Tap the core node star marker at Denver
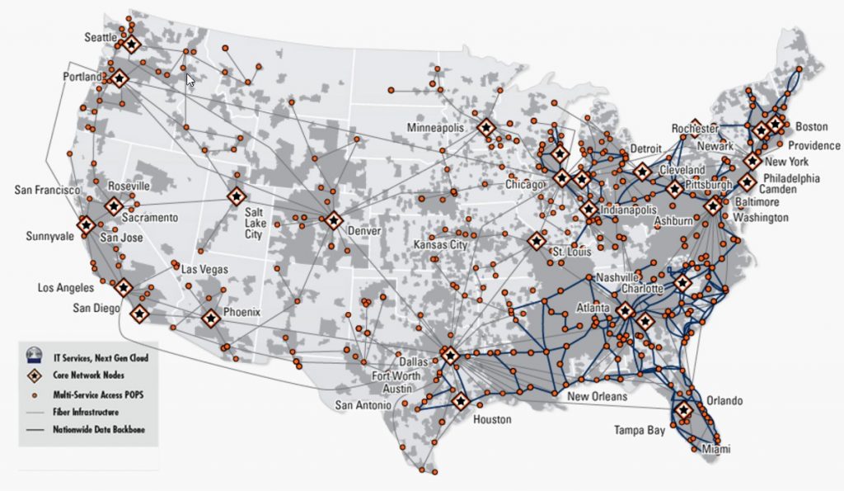(333, 220)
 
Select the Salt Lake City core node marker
(237, 197)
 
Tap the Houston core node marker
(459, 401)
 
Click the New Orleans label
(598, 397)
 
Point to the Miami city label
(716, 449)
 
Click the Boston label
(811, 127)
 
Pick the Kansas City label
(441, 246)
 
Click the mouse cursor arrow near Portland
(190, 80)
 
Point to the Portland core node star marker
(120, 78)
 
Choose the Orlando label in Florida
(724, 401)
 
